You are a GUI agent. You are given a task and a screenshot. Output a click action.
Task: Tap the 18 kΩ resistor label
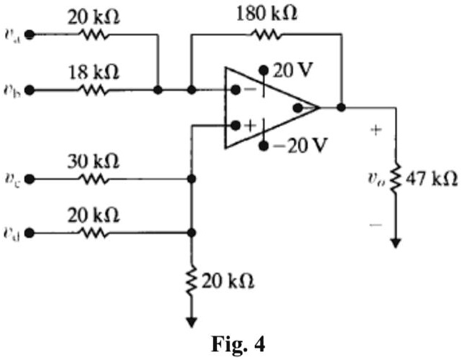[x=93, y=72]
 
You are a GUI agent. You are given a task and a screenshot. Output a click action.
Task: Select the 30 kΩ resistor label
[x=93, y=160]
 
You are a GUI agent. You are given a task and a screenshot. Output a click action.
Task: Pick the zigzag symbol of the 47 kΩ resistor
[x=395, y=177]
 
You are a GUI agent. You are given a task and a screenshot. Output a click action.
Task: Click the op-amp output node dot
[x=342, y=108]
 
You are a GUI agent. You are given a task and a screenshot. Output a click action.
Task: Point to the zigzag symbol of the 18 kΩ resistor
[x=93, y=91]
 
